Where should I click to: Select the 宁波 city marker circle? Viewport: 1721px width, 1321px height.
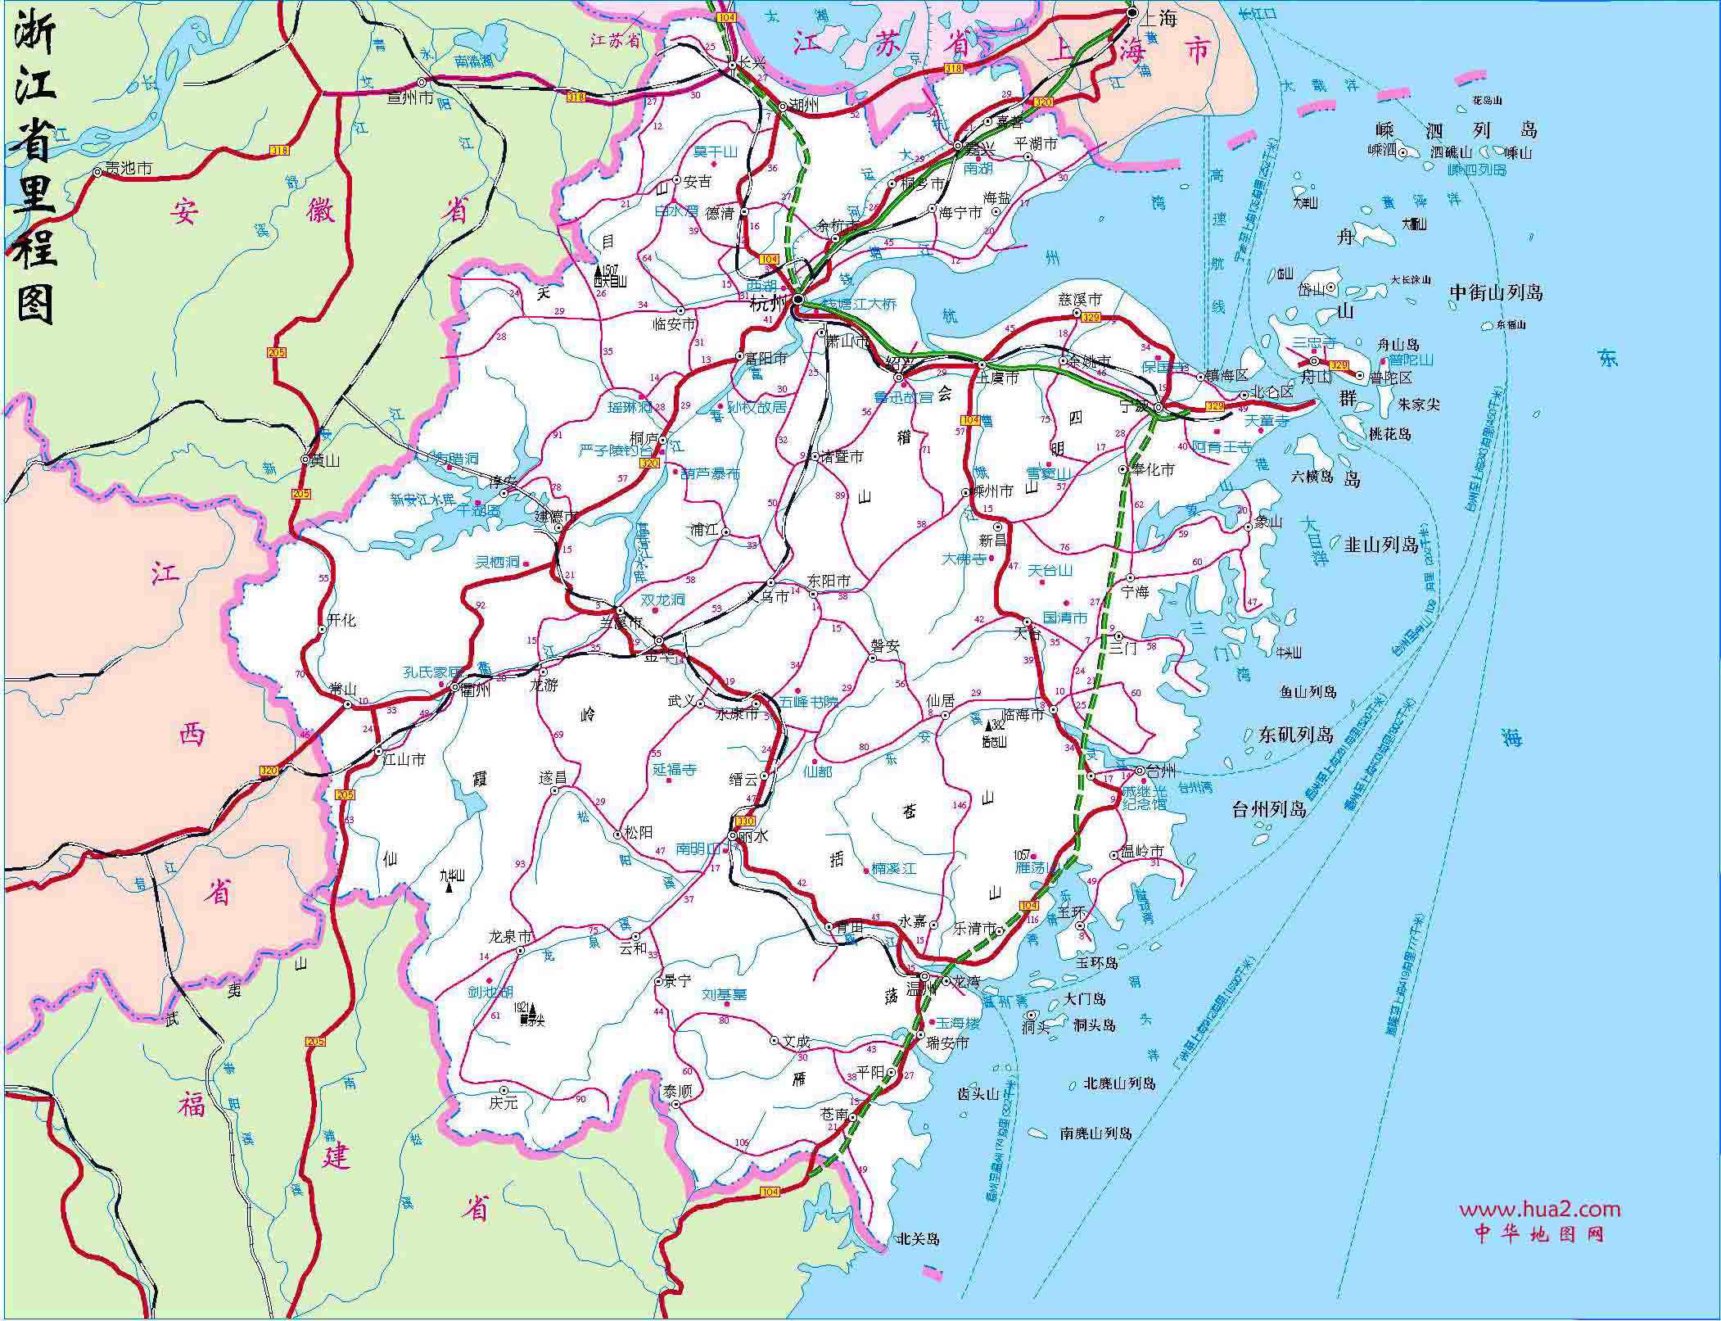click(1159, 408)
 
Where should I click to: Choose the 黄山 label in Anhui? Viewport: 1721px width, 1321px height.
click(324, 460)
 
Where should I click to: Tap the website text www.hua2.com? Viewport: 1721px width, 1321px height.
click(1539, 1210)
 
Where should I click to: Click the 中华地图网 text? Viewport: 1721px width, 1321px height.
click(1539, 1233)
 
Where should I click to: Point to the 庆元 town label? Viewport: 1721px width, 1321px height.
click(504, 1102)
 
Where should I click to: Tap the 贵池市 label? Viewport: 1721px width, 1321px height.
click(129, 168)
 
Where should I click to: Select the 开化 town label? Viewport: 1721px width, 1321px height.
click(341, 620)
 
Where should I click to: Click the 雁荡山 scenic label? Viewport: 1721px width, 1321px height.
click(1034, 867)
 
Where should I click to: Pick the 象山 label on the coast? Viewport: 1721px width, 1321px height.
click(1267, 522)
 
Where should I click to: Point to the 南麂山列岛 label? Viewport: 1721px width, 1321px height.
click(1095, 1133)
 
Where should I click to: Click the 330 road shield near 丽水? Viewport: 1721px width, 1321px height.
click(745, 821)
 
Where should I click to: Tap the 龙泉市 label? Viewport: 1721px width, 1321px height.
click(510, 936)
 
